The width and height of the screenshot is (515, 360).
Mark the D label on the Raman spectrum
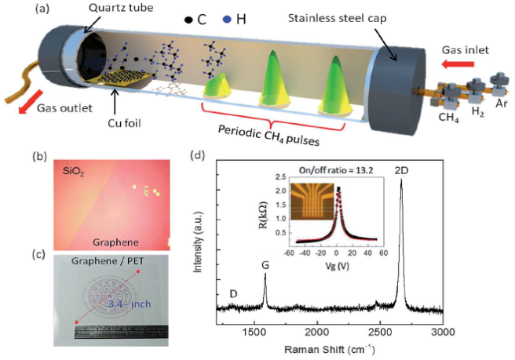coord(233,293)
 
